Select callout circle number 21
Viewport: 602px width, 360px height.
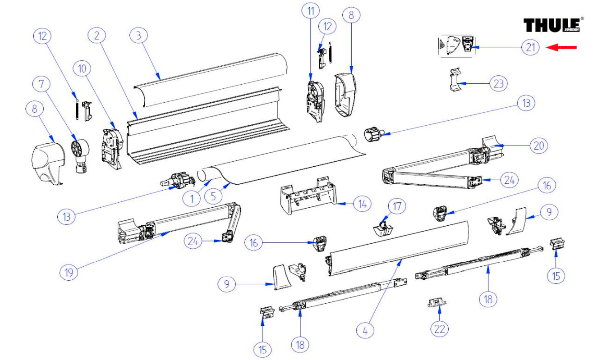tap(530, 47)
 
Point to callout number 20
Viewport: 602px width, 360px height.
tap(538, 145)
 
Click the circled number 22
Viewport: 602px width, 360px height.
tap(439, 328)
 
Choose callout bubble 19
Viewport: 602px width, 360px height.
tap(69, 273)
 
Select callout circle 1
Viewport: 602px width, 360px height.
tap(192, 197)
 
